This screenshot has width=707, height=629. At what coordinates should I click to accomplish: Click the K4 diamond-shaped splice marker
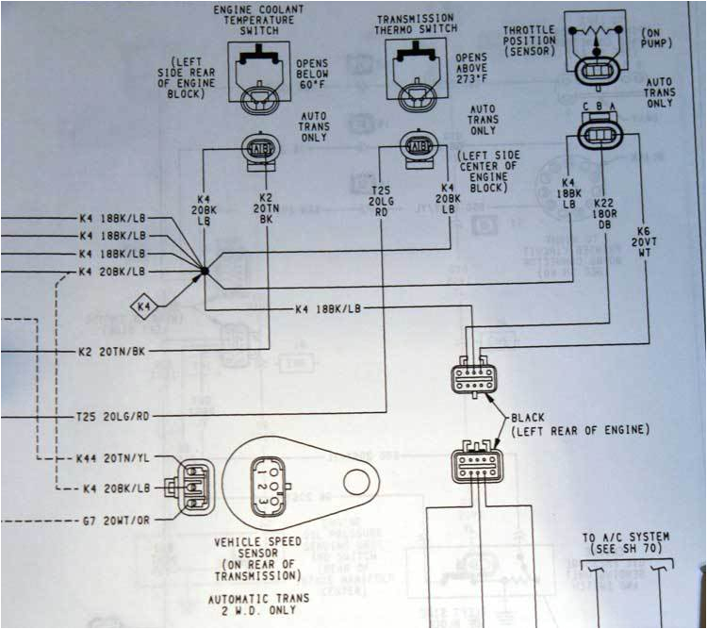coord(143,306)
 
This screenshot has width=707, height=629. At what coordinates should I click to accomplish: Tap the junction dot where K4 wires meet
coord(204,272)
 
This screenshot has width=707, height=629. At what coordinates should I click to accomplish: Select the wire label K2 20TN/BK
coord(113,351)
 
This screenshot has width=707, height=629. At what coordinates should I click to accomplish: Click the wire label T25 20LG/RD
coord(113,414)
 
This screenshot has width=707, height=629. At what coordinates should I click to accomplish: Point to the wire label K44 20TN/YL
coord(113,458)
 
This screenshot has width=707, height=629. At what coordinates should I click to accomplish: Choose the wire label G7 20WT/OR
coord(113,520)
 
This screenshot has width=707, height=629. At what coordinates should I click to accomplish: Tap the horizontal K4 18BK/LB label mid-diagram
coord(334,308)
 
